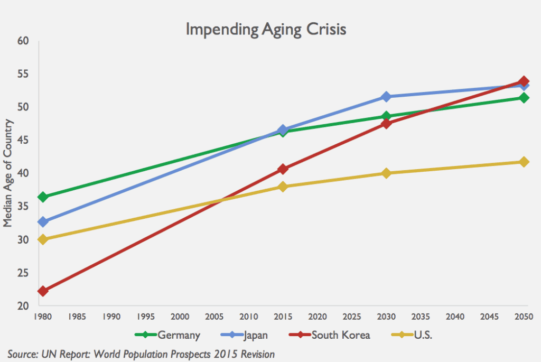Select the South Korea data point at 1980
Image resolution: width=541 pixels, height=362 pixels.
(43, 291)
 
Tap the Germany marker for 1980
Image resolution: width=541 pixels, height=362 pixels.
(43, 197)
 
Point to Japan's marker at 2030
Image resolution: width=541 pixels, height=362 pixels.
(386, 97)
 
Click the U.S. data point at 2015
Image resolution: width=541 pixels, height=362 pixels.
(283, 187)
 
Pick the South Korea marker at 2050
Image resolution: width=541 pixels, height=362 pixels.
(524, 81)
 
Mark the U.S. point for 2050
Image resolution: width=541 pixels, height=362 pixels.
(524, 162)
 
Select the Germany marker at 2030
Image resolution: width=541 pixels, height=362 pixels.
(386, 116)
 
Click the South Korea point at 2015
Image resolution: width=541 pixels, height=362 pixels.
(283, 169)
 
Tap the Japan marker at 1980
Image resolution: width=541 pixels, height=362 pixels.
(43, 222)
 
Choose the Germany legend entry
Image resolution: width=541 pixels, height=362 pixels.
(168, 335)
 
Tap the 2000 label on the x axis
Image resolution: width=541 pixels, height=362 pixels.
(180, 317)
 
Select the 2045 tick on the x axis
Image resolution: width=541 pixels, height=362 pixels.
(489, 317)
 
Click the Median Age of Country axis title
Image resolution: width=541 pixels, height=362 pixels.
(7, 174)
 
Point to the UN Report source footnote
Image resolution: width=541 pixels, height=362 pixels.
(141, 352)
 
